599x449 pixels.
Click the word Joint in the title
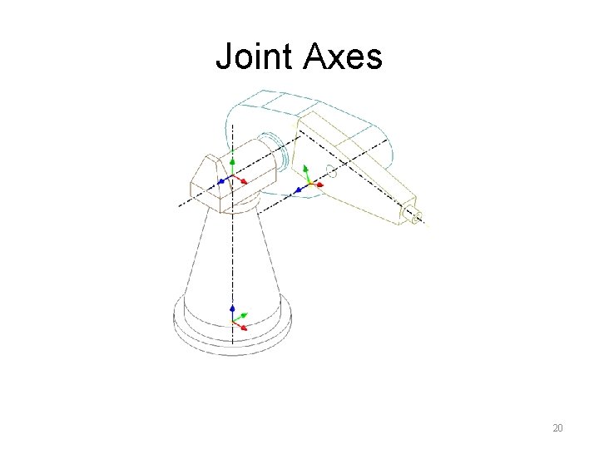255,57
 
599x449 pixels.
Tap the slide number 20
557,428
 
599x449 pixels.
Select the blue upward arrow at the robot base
233,310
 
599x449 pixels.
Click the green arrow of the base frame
242,316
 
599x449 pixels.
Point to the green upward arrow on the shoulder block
233,163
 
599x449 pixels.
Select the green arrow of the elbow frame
306,172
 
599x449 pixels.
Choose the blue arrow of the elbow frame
298,190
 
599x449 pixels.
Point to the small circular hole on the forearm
330,172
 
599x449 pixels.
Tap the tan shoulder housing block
208,179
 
